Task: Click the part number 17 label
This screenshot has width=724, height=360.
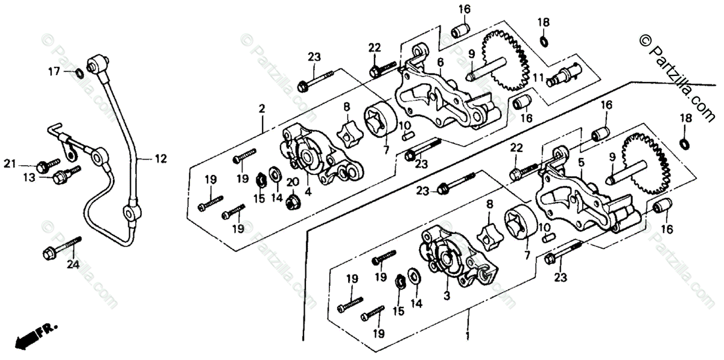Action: click(x=54, y=71)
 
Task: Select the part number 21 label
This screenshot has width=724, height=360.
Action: click(x=26, y=164)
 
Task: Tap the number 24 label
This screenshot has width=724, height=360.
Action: click(x=73, y=264)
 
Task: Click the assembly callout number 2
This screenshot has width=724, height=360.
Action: click(x=262, y=109)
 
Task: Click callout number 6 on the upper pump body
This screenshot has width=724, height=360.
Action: click(x=440, y=62)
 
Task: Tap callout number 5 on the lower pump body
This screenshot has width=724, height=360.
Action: click(x=581, y=162)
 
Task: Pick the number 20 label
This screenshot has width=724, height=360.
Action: click(x=293, y=183)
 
